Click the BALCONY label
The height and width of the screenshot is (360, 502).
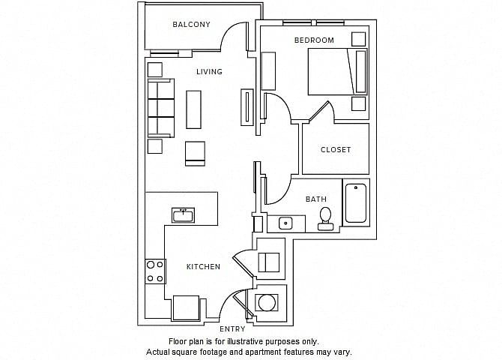click(x=191, y=24)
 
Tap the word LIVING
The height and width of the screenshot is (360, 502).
click(x=209, y=71)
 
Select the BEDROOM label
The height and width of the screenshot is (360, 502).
click(x=314, y=40)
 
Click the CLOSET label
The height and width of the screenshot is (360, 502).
click(x=336, y=150)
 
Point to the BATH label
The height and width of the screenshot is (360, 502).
click(x=316, y=199)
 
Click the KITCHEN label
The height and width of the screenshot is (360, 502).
click(x=203, y=267)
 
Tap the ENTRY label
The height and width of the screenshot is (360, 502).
click(x=232, y=329)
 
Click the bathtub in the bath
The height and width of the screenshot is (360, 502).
click(x=356, y=203)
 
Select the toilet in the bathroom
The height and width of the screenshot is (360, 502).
click(x=326, y=219)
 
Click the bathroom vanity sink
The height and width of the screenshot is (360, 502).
click(x=285, y=223)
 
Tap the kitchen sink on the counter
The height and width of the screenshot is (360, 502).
click(x=183, y=215)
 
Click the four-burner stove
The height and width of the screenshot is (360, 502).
click(x=155, y=271)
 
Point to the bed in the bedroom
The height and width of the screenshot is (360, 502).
click(x=337, y=72)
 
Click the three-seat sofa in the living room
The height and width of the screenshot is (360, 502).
click(x=161, y=108)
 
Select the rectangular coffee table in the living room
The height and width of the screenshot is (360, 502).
click(x=194, y=109)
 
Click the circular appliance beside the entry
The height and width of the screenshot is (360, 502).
click(x=267, y=302)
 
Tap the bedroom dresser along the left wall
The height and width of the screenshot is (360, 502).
click(x=268, y=70)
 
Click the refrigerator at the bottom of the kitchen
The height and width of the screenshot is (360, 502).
click(x=186, y=308)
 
